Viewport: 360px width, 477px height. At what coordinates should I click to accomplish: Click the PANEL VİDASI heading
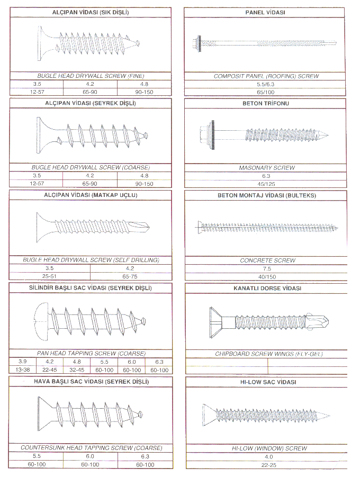coord(265,13)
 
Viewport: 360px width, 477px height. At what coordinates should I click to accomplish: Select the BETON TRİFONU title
coord(266,103)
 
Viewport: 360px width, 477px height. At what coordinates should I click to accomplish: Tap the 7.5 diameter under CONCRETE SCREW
coord(267,268)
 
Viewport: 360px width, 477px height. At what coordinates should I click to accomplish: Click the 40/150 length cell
coord(267,277)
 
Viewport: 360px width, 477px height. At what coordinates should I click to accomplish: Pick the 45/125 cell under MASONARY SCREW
coord(266,184)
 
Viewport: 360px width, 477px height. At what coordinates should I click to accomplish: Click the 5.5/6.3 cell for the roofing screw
coord(266,84)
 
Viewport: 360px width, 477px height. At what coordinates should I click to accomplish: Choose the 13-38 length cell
coord(23,370)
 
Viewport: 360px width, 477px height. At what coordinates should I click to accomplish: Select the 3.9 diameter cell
coord(23,362)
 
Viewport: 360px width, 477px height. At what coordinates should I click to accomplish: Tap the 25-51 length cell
coord(49,276)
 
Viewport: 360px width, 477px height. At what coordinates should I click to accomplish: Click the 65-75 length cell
coord(130,276)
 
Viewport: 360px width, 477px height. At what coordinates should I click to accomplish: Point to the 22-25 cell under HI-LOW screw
coord(269,465)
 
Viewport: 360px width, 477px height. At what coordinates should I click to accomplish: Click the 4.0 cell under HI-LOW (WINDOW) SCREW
coord(269,457)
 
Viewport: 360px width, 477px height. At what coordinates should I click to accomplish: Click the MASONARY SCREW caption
coord(267,168)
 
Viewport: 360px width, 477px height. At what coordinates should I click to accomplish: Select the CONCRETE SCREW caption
coord(267,260)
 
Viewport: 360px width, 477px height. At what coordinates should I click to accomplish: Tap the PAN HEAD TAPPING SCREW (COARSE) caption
coord(91,354)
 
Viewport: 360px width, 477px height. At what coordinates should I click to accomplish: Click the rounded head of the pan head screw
coord(42,321)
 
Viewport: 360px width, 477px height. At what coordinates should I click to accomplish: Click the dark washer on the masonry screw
coord(212,133)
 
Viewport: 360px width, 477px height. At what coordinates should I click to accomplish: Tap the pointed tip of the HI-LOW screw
coord(329,416)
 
